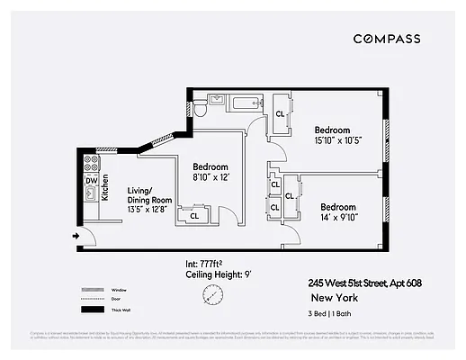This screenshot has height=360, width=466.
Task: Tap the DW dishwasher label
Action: coord(91,181)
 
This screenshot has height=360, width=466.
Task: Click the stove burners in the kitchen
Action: coord(90,163)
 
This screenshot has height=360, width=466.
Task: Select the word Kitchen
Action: coord(104,186)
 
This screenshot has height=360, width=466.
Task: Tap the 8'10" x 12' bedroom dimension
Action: coord(211,179)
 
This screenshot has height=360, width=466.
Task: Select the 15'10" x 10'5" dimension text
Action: coord(337,139)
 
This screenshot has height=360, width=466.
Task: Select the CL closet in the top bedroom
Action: coord(280,114)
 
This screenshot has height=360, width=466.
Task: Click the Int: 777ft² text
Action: coord(203,263)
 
